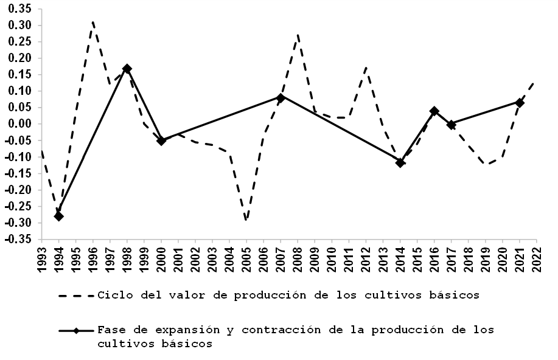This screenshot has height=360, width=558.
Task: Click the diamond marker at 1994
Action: pyautogui.click(x=58, y=216)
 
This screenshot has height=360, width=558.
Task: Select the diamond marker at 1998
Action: pyautogui.click(x=127, y=69)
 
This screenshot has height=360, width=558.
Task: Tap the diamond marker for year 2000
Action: pyautogui.click(x=161, y=140)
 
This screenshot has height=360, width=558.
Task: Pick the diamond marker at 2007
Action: pyautogui.click(x=281, y=97)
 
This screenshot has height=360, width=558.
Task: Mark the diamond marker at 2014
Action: pyautogui.click(x=400, y=162)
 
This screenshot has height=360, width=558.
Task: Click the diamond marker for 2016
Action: pyautogui.click(x=434, y=111)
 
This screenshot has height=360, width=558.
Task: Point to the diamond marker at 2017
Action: pyautogui.click(x=451, y=125)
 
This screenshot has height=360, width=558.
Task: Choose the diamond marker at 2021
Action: pyautogui.click(x=519, y=103)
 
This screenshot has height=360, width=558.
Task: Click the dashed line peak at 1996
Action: pyautogui.click(x=92, y=22)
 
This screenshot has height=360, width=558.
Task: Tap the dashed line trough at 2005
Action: pyautogui.click(x=246, y=220)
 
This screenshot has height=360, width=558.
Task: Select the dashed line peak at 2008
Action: pyautogui.click(x=298, y=35)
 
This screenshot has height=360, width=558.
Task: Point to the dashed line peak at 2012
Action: pyautogui.click(x=366, y=67)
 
